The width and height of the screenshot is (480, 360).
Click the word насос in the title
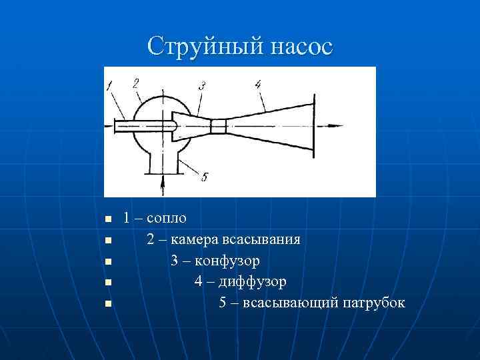tap(298, 47)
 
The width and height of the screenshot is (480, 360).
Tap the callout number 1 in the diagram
tap(109, 84)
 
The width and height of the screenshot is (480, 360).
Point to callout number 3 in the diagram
tap(201, 85)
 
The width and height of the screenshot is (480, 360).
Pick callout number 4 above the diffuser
tap(257, 84)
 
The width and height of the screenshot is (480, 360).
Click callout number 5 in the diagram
tap(204, 177)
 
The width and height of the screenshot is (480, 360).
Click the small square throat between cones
tap(219, 126)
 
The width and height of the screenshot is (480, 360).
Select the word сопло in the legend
tap(166, 218)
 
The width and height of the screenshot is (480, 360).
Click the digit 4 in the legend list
tap(199, 282)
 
